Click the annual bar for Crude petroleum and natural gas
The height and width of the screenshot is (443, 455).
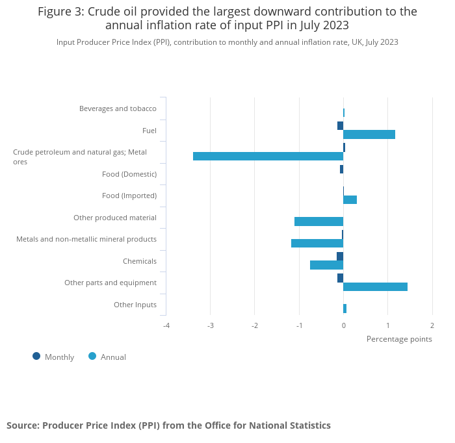point(268,157)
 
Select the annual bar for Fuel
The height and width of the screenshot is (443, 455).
point(369,134)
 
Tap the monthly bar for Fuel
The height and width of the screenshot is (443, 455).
point(340,125)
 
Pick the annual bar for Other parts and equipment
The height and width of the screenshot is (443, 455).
point(375,286)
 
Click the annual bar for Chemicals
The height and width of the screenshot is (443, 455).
point(326,265)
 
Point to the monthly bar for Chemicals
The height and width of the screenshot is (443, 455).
point(340,256)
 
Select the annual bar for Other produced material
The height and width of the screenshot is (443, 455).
point(318,221)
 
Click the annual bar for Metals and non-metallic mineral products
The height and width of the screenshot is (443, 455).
point(317,243)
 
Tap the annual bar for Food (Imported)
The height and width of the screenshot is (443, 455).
point(350,199)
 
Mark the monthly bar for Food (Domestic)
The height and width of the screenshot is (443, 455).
point(341,170)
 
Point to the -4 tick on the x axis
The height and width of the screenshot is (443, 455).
point(166,325)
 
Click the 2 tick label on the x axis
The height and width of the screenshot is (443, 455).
point(432,325)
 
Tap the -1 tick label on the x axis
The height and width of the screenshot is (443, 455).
point(298,325)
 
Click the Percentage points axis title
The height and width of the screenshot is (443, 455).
point(399,339)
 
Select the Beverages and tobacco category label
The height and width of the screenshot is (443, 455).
point(118,108)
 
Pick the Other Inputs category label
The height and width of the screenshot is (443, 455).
point(135,305)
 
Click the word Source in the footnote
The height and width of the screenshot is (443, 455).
point(22,425)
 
